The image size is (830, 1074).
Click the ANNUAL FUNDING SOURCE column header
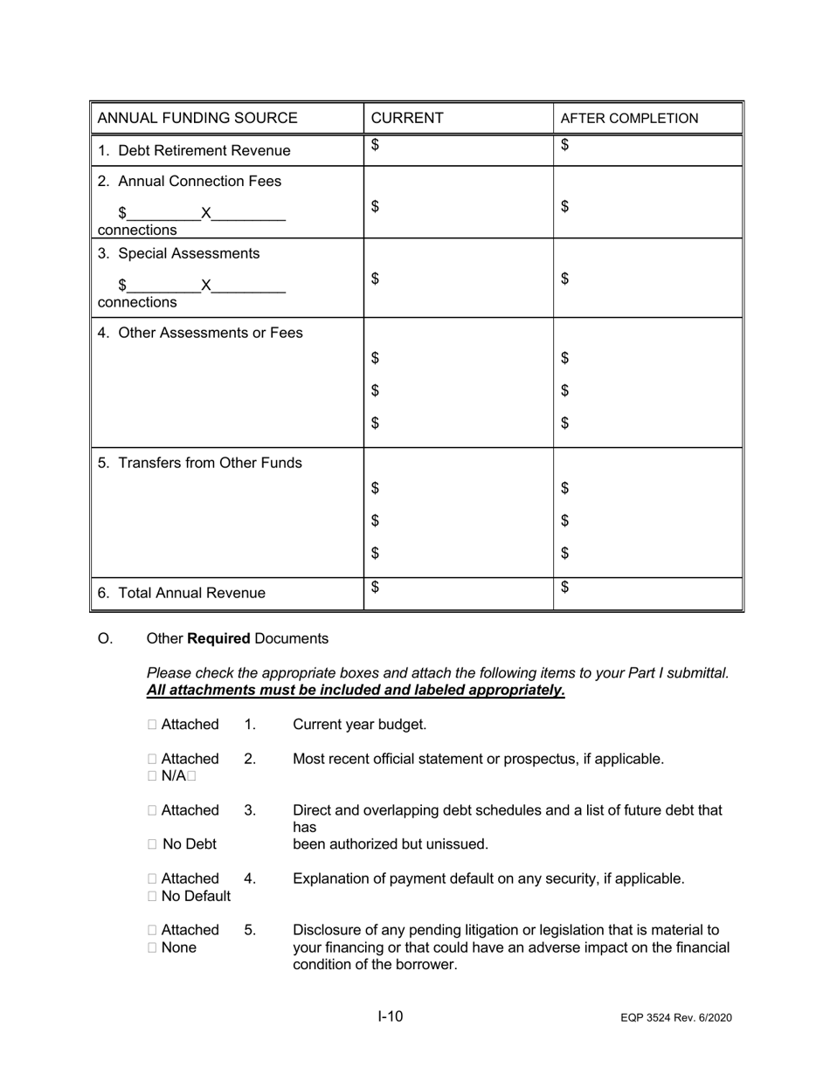(x=197, y=118)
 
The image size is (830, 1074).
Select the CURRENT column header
(x=407, y=118)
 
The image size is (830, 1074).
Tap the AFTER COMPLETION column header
(x=629, y=119)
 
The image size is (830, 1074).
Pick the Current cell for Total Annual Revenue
(x=458, y=593)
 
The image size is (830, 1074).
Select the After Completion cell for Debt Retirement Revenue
(x=647, y=150)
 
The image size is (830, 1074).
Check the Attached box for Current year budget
(x=153, y=725)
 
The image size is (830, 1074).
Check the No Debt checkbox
(x=153, y=844)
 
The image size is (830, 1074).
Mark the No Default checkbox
(x=153, y=896)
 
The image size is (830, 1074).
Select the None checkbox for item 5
(x=153, y=947)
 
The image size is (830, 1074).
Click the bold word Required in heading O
(x=218, y=638)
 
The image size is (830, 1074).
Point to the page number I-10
(x=391, y=1016)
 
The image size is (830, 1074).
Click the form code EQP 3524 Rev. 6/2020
(x=676, y=1018)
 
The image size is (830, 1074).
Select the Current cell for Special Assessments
(x=458, y=279)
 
